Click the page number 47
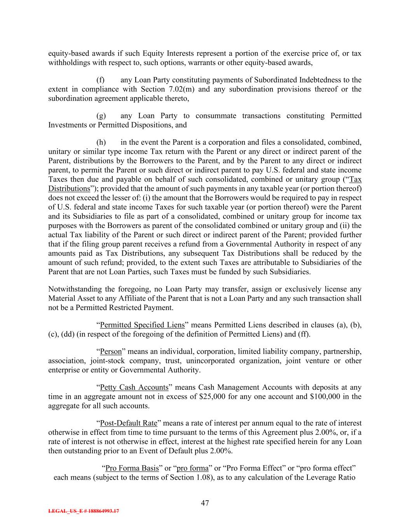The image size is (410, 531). point(205,503)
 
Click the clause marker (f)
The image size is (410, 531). point(101,80)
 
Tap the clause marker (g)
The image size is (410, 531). point(101,116)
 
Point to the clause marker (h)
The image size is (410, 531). point(101,142)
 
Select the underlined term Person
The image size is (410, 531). point(111,352)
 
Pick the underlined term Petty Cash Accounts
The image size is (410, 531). point(134,387)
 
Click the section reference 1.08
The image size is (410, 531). point(201,477)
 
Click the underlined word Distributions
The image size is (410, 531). point(69,189)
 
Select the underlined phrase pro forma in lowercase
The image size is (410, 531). point(192,468)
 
